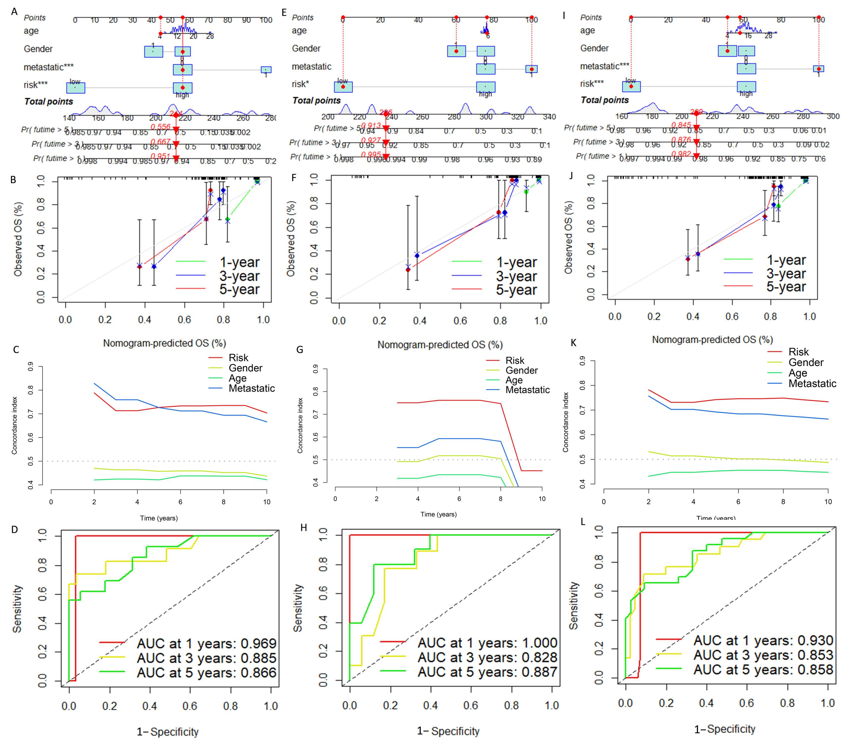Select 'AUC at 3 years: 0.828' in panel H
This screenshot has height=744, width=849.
pos(487,657)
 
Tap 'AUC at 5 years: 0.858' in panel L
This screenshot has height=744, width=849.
pos(763,669)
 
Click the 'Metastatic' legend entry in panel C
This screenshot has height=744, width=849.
pos(252,388)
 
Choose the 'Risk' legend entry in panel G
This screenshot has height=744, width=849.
pos(515,360)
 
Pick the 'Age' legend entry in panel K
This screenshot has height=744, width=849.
pos(797,373)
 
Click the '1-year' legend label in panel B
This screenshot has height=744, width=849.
pos(239,262)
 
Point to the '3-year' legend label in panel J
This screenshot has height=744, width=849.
pos(786,273)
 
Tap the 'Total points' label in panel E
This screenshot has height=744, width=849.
pos(316,100)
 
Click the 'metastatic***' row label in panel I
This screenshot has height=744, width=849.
pos(605,66)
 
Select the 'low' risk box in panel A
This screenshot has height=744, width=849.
pos(76,88)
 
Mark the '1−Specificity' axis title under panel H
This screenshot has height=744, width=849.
pos(448,731)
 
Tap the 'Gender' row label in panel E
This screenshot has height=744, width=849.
pos(306,49)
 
